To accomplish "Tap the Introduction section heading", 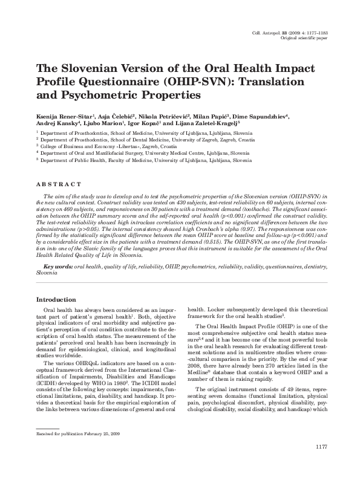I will [x=56, y=300].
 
